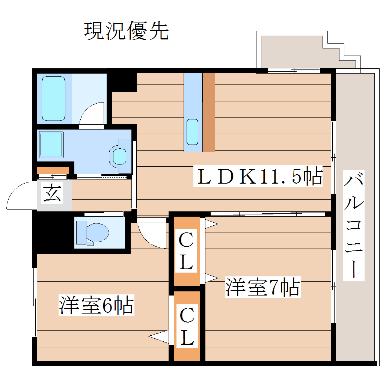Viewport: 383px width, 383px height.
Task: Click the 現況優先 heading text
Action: coord(126,31)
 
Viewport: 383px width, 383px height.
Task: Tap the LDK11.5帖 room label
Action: coord(258,176)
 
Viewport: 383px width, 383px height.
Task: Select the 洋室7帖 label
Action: coord(262,288)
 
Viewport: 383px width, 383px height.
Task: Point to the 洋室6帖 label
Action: coord(96,306)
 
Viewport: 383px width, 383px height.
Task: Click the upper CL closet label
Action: coord(186,251)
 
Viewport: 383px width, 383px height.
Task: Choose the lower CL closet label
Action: coord(187,326)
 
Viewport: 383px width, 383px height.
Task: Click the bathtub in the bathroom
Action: coord(53,98)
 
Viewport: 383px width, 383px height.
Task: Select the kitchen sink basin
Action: coord(192,132)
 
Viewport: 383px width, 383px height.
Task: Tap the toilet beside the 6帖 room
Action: coord(92,232)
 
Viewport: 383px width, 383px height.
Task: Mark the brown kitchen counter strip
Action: coord(209,112)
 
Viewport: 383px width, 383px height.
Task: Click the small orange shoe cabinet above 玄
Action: coord(53,170)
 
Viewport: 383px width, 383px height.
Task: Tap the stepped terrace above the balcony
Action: coord(300,51)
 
